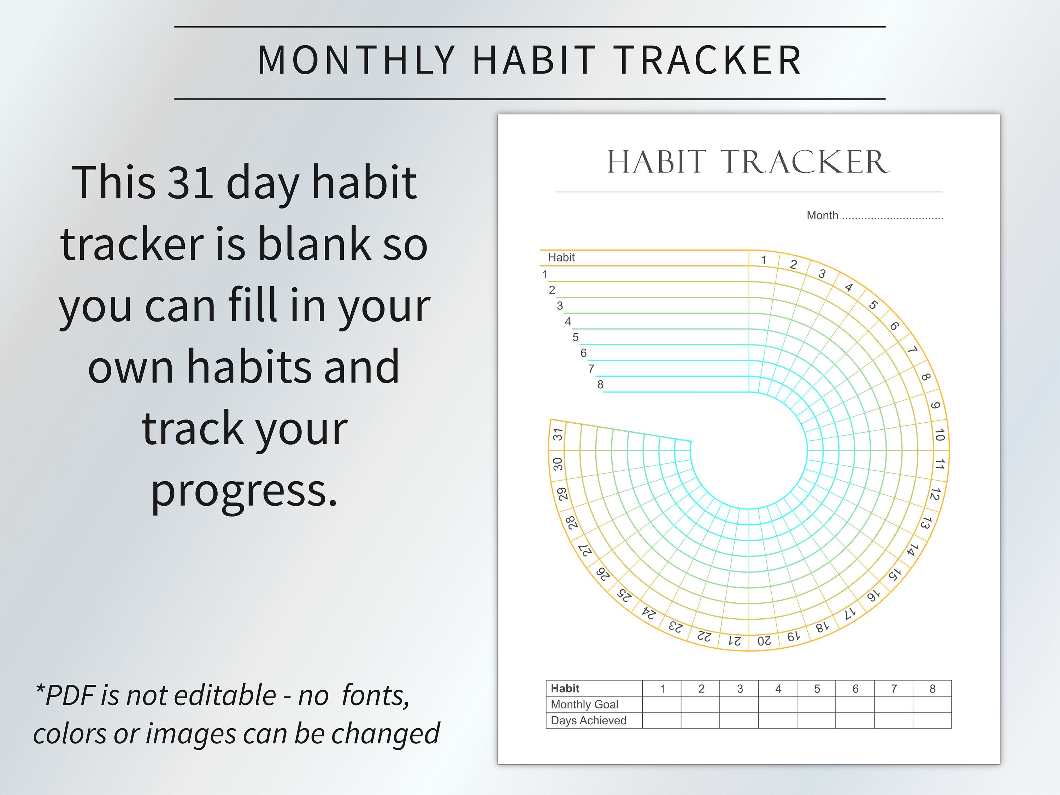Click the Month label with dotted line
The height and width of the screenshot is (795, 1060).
coord(874,216)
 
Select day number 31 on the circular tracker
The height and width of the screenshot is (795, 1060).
coord(557,435)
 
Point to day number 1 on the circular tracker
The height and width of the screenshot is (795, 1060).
coord(764,260)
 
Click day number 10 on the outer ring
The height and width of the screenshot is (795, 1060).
coord(939,435)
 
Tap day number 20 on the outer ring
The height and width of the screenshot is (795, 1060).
coord(764,641)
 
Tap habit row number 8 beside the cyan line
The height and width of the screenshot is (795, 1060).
coord(600,385)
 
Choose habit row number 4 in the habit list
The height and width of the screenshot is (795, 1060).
coord(568,322)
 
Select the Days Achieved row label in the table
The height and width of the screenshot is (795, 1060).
coord(588,720)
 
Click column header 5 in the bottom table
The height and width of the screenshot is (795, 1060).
coord(817,689)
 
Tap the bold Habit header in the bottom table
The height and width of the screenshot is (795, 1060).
coord(565,689)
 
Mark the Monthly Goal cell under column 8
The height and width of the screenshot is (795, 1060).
coord(932,705)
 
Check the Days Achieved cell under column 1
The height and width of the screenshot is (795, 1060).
coord(662,720)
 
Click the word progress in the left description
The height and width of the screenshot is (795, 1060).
coord(245,491)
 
